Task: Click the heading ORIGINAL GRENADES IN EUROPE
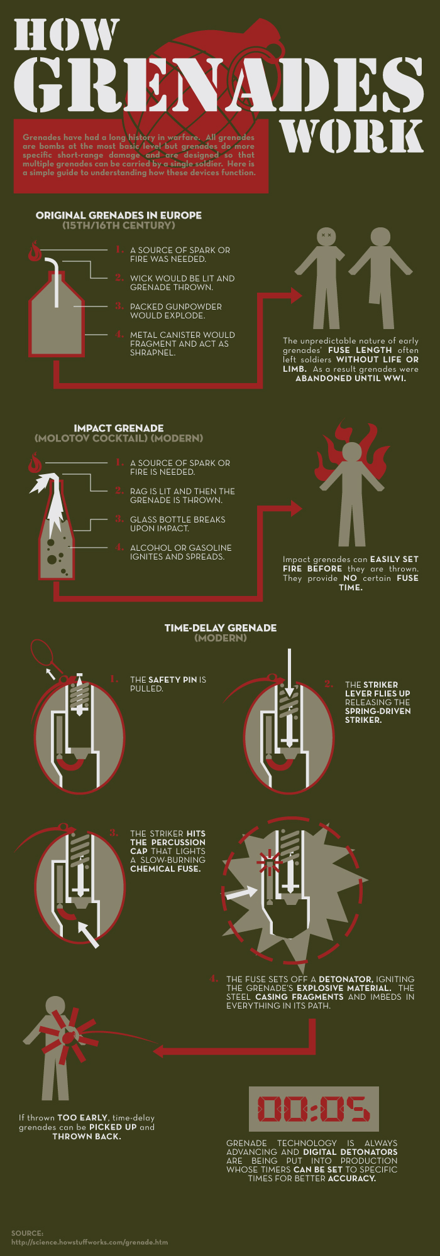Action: tap(119, 215)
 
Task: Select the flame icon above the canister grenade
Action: tap(35, 251)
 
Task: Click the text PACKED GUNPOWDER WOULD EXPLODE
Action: tap(176, 311)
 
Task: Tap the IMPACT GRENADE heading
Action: tap(119, 428)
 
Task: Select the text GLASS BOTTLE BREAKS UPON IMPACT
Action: tap(178, 524)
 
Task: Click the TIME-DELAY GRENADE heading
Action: tap(221, 627)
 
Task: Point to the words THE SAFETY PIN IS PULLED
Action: tap(168, 684)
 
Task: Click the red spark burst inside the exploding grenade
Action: tap(270, 862)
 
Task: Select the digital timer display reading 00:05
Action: tap(314, 1108)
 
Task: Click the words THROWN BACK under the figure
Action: tap(87, 1136)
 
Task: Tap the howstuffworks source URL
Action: tap(89, 1242)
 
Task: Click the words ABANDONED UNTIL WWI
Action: tap(351, 378)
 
